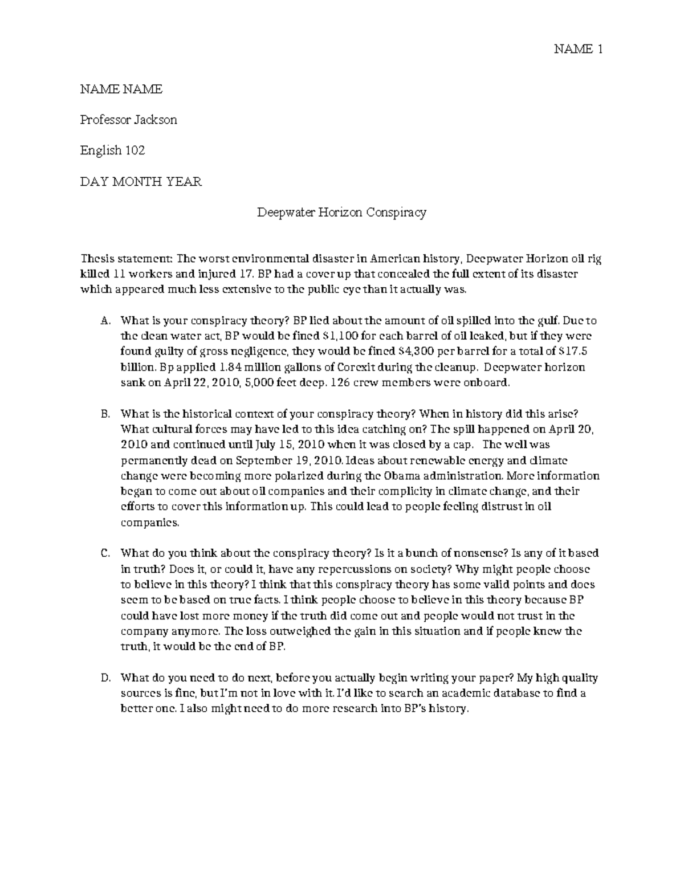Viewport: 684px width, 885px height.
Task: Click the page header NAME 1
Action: tap(578, 50)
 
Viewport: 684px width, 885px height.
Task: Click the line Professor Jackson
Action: tap(128, 120)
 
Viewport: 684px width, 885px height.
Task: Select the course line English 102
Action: tap(112, 150)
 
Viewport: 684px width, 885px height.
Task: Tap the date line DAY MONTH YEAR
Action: tap(140, 182)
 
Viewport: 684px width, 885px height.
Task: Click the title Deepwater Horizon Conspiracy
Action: tap(341, 213)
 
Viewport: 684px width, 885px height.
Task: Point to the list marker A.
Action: tap(104, 321)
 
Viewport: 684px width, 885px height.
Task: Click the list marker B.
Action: tap(104, 414)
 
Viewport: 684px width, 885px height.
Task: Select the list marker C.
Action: tap(104, 553)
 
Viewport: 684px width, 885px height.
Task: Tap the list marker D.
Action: tap(104, 678)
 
